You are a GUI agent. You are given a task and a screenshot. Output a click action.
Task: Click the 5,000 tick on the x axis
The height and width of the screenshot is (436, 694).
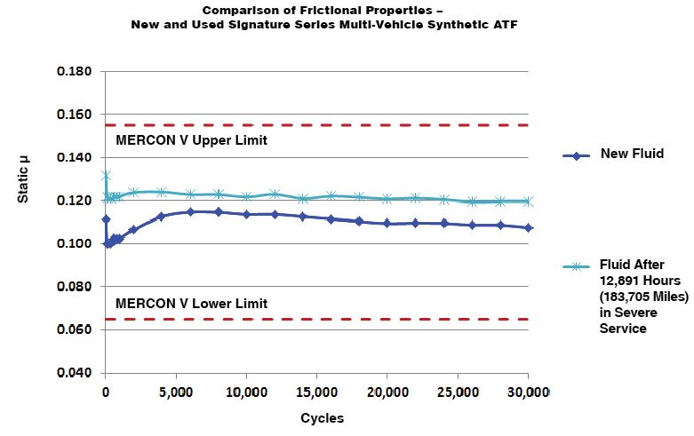(176, 392)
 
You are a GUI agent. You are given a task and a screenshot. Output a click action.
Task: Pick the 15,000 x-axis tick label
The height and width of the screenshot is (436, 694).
(316, 392)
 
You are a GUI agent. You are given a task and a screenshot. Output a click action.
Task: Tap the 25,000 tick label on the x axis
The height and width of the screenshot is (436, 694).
(458, 392)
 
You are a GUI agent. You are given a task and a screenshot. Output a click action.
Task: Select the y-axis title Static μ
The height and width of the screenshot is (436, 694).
(24, 178)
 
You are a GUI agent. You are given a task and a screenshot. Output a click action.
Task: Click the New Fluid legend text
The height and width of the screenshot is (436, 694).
(632, 155)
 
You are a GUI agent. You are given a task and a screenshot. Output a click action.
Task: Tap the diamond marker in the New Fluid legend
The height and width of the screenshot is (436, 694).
(578, 155)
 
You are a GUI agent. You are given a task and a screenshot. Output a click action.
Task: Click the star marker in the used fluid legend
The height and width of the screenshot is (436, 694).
(578, 266)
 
